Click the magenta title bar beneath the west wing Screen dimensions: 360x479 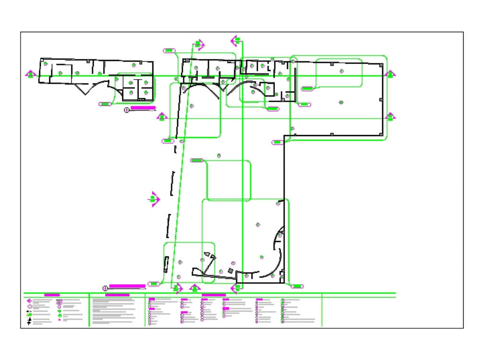tap(143, 108)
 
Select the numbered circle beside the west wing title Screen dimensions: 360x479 tap(127, 110)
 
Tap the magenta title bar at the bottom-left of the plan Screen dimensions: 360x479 tap(127, 286)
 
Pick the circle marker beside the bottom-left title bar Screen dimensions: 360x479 tap(105, 288)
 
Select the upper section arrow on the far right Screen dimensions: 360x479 tap(390, 74)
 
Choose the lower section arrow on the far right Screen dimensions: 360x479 tap(390, 116)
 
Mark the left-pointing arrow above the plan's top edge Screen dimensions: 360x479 tap(236, 41)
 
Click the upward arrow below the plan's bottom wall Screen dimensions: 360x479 tap(194, 288)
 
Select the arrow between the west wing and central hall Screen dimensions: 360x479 tap(161, 116)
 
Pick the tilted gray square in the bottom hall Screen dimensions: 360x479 tap(230, 271)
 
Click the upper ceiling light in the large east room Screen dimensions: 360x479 tap(341, 71)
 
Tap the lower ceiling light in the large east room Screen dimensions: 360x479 tap(341, 102)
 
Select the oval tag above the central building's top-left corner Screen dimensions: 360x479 tap(169, 50)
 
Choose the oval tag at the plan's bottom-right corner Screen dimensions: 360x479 tap(297, 286)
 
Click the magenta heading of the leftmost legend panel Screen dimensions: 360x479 tap(52, 295)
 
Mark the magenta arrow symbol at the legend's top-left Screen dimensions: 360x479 tap(30, 301)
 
